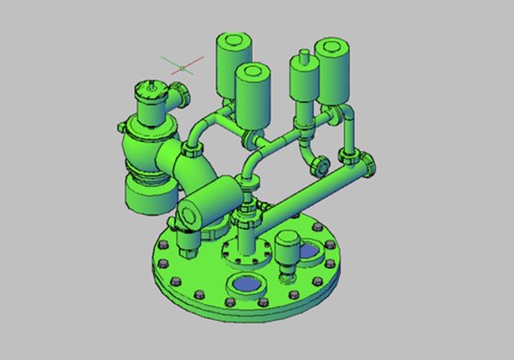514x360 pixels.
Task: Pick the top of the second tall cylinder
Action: (252, 72)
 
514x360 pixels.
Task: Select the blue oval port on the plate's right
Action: (312, 250)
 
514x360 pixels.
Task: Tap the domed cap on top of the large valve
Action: (150, 90)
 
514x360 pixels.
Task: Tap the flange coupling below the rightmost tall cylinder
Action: (348, 114)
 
